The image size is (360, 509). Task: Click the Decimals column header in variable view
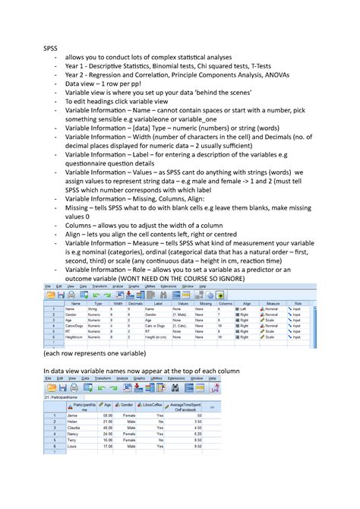click(135, 303)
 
